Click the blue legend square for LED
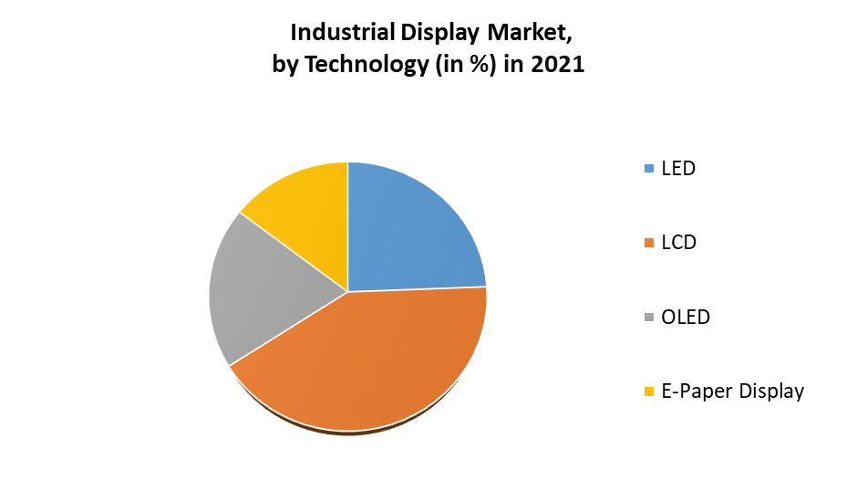click(649, 169)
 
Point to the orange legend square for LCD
click(649, 243)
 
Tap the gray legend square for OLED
click(649, 318)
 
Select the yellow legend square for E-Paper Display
click(649, 392)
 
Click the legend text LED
click(678, 168)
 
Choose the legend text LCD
click(678, 243)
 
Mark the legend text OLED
click(686, 318)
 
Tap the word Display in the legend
click(771, 391)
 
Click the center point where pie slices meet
click(347, 291)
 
